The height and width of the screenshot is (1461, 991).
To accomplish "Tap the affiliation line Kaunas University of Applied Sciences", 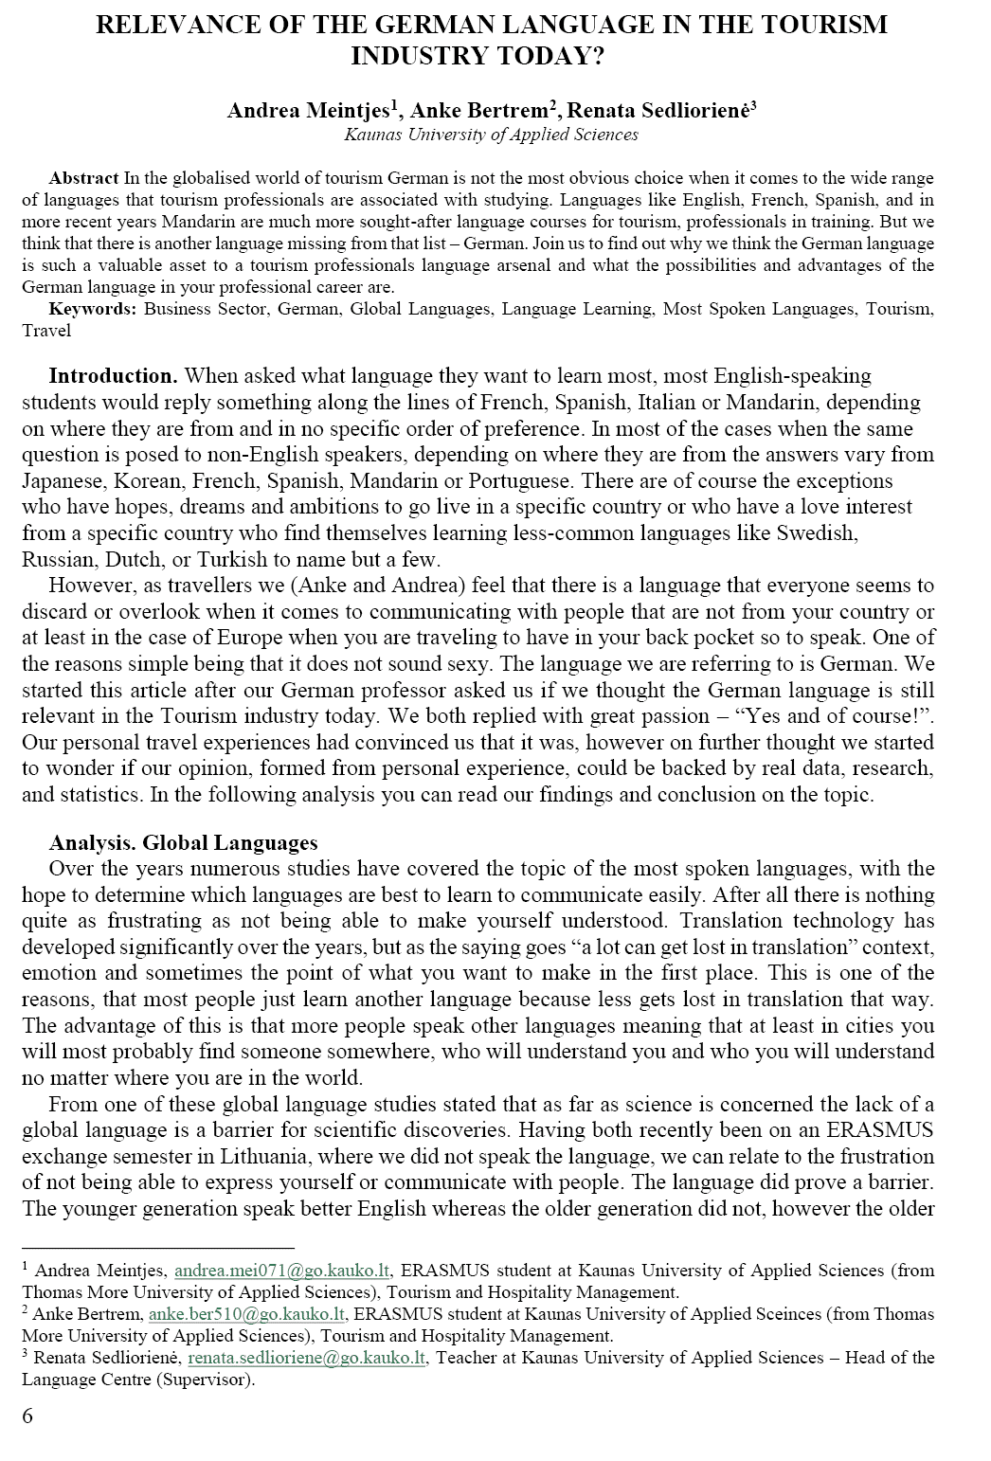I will click(491, 135).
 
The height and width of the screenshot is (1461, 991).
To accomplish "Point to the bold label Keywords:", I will click(93, 309).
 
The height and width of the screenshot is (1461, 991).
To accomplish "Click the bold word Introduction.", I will click(113, 376).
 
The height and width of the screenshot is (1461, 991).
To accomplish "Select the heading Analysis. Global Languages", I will click(183, 842).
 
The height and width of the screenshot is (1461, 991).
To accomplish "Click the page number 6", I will click(27, 1416).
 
